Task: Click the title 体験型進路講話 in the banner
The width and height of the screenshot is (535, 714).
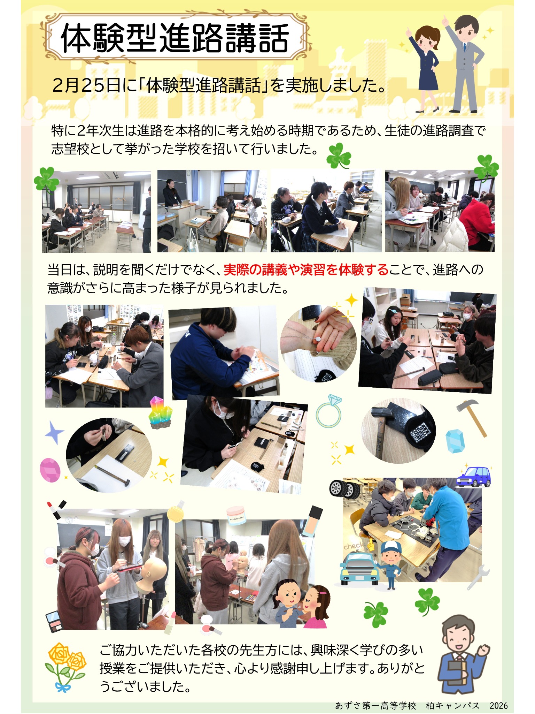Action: click(x=175, y=38)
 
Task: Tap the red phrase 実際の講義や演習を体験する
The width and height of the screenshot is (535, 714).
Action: click(x=306, y=269)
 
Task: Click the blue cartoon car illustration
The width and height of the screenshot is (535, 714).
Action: click(x=474, y=476)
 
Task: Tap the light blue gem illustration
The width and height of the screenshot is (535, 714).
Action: click(x=455, y=441)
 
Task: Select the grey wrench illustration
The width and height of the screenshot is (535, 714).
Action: click(x=479, y=577)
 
